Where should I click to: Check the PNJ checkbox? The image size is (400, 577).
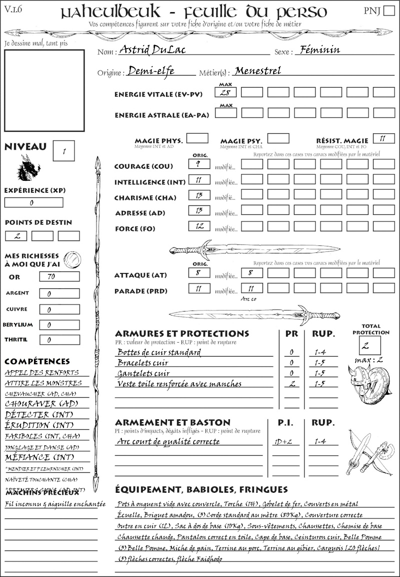click(x=388, y=11)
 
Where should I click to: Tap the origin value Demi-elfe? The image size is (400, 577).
click(x=151, y=71)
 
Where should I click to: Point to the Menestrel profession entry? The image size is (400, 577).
click(x=257, y=71)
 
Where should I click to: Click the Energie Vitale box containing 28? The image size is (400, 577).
click(x=225, y=93)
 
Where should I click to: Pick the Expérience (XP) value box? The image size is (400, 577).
click(x=34, y=203)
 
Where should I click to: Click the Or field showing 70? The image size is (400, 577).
click(x=59, y=276)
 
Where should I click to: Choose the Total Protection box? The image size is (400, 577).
click(x=370, y=346)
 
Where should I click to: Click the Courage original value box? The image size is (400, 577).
click(x=199, y=163)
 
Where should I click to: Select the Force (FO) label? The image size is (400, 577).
click(x=134, y=229)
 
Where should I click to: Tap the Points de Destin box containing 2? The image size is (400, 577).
click(x=16, y=236)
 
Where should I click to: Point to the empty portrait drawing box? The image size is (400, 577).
click(x=44, y=91)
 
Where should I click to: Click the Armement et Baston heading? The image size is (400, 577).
click(x=172, y=422)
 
